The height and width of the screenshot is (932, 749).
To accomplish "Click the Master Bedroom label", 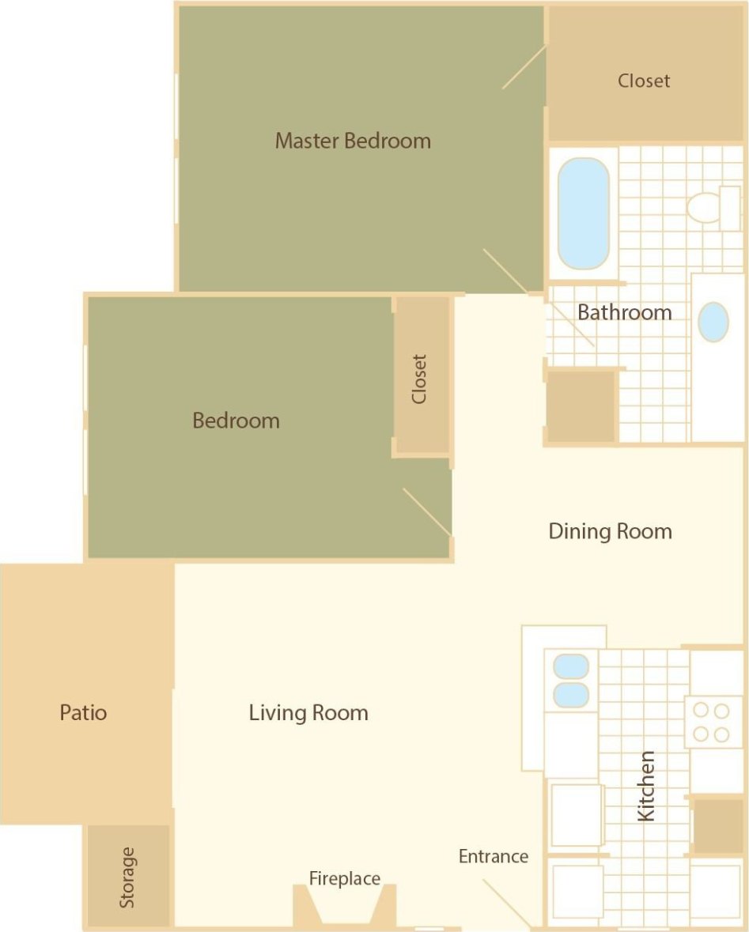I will coord(353,141).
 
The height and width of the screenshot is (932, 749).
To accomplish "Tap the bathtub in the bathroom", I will coord(584,213).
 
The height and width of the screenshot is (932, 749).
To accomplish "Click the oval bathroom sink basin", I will coord(713,322).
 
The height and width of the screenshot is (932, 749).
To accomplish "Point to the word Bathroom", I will coord(624,312).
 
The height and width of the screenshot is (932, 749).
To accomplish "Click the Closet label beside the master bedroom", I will coord(644,81).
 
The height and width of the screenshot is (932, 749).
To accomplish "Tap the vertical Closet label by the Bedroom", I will coord(419,379).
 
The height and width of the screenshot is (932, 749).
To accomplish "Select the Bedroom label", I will coord(236,421).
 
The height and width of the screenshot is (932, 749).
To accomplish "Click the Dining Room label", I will coord(610,531).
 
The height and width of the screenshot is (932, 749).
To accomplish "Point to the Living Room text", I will coord(308,713).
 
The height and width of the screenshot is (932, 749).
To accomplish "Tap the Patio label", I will coord(83,713).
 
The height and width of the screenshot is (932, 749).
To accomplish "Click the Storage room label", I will coord(127,877).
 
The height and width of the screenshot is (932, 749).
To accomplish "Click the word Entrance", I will coord(493,856).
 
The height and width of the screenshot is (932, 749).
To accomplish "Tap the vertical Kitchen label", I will coord(646,786).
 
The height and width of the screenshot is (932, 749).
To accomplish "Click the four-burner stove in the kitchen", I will coord(711,723).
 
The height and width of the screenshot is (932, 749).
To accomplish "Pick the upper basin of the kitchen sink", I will coord(571,666).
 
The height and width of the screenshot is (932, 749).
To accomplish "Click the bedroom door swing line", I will coord(427,511).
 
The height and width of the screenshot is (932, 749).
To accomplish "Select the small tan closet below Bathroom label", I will coord(581,406).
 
